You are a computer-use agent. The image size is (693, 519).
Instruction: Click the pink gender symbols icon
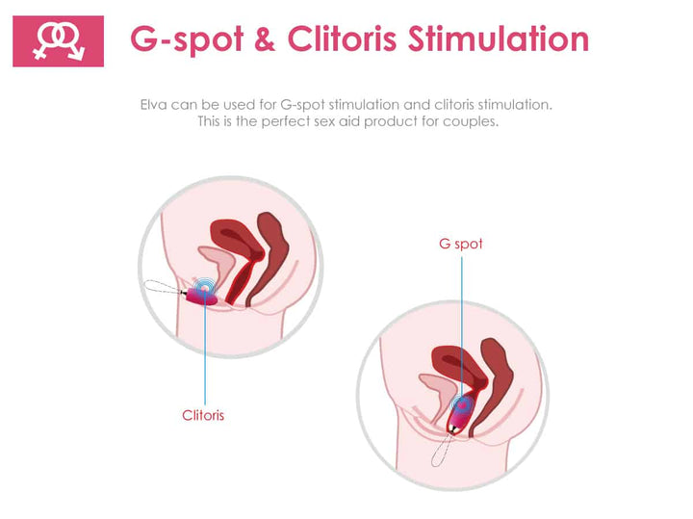59,41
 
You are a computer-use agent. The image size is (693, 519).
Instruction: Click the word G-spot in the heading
187,39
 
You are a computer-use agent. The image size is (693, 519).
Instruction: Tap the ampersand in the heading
265,39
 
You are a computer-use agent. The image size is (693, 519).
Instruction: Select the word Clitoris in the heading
342,39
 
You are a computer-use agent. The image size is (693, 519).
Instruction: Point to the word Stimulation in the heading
499,39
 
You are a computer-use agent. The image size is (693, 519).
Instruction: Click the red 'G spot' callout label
460,244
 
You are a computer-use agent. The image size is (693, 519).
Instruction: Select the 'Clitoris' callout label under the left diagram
203,415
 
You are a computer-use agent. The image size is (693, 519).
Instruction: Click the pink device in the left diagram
201,296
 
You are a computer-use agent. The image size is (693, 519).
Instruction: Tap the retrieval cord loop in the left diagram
164,287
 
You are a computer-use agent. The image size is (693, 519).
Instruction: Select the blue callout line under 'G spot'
462,329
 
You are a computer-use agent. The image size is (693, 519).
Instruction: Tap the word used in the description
240,105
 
